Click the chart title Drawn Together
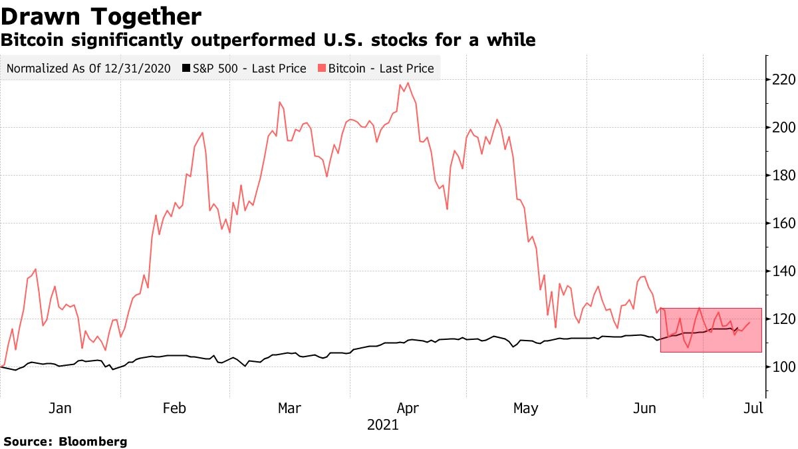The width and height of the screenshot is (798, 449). [101, 16]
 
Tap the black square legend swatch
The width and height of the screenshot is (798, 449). [187, 69]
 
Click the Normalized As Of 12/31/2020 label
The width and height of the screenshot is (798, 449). [89, 69]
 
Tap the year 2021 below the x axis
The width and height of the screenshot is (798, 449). [382, 424]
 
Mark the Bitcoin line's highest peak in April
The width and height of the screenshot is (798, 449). [407, 83]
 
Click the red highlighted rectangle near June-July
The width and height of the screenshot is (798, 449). [711, 330]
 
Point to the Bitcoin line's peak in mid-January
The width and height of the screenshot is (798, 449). [35, 269]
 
